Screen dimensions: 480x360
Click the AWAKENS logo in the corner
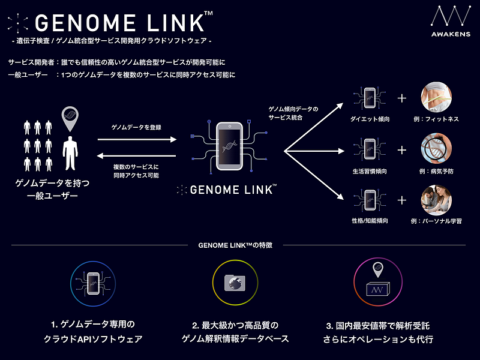point(451,21)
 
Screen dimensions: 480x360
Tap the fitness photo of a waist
point(436,97)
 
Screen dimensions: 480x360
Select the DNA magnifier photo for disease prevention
point(436,148)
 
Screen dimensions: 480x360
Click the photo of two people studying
point(436,200)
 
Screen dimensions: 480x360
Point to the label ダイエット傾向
point(370,119)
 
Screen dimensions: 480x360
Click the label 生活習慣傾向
point(370,172)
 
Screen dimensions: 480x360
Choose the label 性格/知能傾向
point(370,221)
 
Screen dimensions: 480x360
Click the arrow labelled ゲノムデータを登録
point(137,140)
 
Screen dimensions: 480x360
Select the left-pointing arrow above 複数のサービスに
point(137,156)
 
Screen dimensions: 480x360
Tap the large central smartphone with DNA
point(229,146)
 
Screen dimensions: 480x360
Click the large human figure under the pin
point(70,153)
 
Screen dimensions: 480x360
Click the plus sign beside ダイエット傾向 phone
point(401,98)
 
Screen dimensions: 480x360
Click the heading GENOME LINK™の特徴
point(235,245)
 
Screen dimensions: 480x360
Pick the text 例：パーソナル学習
point(436,221)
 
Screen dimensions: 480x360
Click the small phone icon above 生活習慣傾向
point(370,149)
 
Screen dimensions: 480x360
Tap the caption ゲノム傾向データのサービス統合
point(293,113)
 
